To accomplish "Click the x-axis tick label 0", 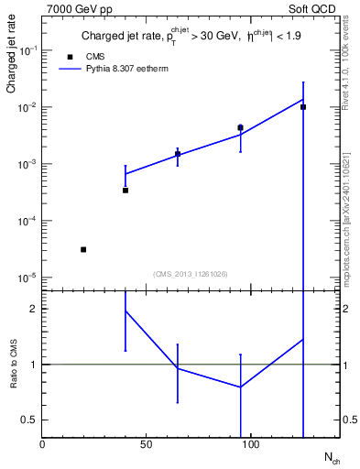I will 43,445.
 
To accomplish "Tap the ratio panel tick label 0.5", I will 30,420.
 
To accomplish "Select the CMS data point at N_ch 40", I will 125,191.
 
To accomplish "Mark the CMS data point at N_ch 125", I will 303,107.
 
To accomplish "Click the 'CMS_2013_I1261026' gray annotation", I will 191,273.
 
